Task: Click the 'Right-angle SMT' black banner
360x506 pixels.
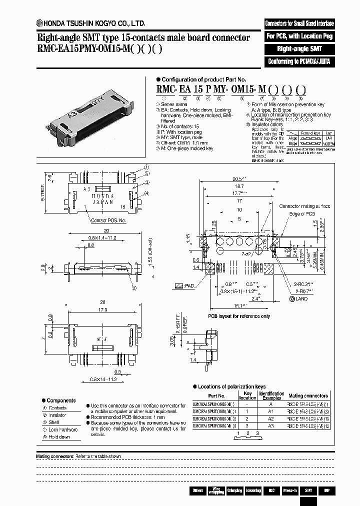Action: pos(299,49)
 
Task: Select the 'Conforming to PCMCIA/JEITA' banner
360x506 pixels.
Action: pos(299,62)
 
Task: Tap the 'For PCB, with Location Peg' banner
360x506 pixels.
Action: pos(299,36)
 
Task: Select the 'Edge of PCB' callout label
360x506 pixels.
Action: pos(301,214)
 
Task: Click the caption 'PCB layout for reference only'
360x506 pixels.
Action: pos(239,316)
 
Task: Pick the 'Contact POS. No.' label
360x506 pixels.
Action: pos(108,220)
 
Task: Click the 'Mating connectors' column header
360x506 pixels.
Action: pos(308,395)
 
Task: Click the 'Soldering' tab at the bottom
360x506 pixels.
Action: pos(252,490)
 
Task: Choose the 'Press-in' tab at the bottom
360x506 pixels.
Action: pos(289,490)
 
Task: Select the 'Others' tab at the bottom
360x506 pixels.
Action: pos(197,490)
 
